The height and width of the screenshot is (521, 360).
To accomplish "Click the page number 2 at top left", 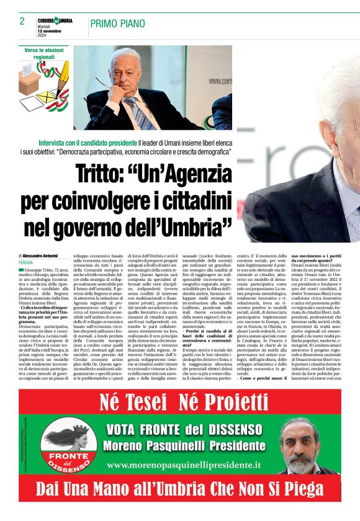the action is point(22,21).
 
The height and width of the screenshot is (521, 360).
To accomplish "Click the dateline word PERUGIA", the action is point(27,262).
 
